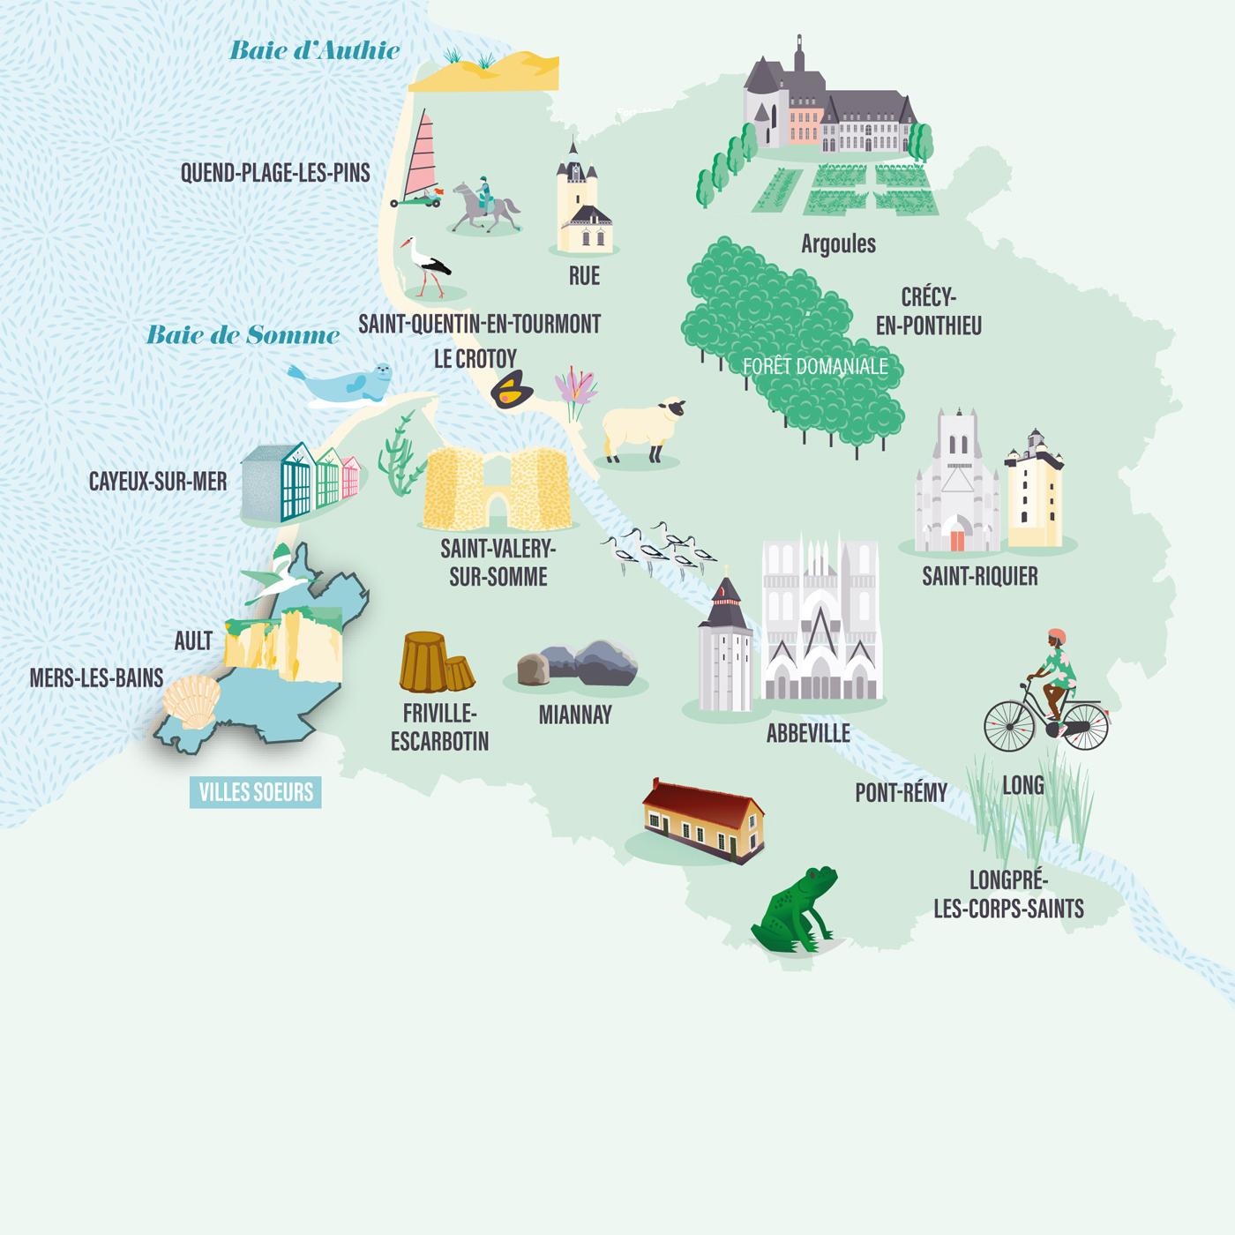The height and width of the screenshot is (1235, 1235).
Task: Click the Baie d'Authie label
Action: [x=315, y=50]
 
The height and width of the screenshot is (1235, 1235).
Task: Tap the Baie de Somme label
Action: [x=243, y=335]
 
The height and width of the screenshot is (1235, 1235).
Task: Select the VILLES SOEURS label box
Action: [x=256, y=792]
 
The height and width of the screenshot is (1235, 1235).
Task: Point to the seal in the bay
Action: [x=342, y=384]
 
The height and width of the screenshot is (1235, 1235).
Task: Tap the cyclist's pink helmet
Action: [x=1055, y=637]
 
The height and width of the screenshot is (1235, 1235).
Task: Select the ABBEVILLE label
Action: [x=808, y=733]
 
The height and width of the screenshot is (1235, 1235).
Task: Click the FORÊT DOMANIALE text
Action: [x=815, y=365]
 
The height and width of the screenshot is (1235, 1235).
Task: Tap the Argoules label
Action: [x=838, y=243]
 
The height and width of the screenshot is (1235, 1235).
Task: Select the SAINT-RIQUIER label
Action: [x=979, y=577]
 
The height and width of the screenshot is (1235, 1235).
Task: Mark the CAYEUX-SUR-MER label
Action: [x=158, y=482]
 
